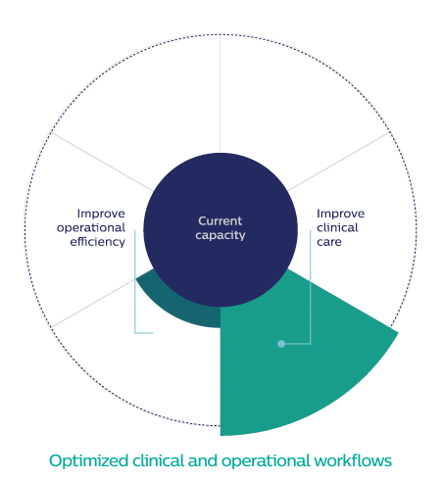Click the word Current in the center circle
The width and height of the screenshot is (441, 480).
220,221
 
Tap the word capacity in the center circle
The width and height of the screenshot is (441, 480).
220,235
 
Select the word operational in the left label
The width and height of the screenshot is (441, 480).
91,228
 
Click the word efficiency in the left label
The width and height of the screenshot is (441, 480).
97,242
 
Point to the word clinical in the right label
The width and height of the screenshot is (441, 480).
337,227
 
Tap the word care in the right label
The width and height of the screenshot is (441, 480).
329,242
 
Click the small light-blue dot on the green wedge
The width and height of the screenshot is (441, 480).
281,344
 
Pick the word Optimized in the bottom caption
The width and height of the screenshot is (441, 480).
88,461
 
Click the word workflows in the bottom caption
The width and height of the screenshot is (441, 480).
353,460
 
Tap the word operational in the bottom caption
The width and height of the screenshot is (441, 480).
266,461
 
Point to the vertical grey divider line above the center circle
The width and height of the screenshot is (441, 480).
220,93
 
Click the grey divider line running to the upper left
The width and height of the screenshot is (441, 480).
102,162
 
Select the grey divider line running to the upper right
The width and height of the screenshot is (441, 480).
339,162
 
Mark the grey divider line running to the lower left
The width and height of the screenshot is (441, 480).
93,303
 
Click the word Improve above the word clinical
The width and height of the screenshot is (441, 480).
341,214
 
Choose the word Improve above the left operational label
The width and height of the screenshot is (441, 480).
101,214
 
